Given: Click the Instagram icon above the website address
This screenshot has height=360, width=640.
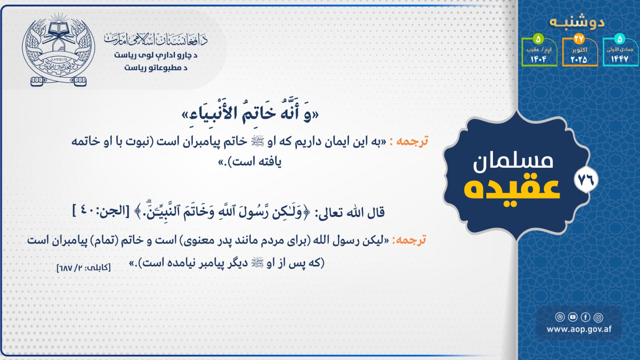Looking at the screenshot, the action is click(598, 317).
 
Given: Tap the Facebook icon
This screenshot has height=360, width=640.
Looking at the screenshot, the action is click(586, 317).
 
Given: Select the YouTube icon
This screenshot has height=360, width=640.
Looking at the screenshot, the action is click(573, 317).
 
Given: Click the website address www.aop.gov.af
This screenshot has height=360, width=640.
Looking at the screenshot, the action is click(579, 329).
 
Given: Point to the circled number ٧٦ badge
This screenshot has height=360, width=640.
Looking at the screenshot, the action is click(586, 179).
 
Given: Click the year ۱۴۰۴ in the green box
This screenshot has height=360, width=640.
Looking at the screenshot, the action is click(538, 59).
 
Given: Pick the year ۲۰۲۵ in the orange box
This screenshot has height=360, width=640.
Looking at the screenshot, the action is click(579, 59).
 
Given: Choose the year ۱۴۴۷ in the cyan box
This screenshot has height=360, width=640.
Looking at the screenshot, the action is click(619, 59).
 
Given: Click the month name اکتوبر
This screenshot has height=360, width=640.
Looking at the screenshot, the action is click(580, 50).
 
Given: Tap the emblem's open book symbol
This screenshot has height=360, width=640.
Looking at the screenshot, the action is click(58, 29).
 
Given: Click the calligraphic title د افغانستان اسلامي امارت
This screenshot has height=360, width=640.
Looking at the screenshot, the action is click(156, 40).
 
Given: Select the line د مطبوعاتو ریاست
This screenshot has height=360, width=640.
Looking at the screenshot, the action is click(156, 68).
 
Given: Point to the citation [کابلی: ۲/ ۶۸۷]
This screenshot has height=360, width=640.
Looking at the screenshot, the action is click(84, 268).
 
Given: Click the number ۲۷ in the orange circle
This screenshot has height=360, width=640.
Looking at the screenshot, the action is click(579, 39).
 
